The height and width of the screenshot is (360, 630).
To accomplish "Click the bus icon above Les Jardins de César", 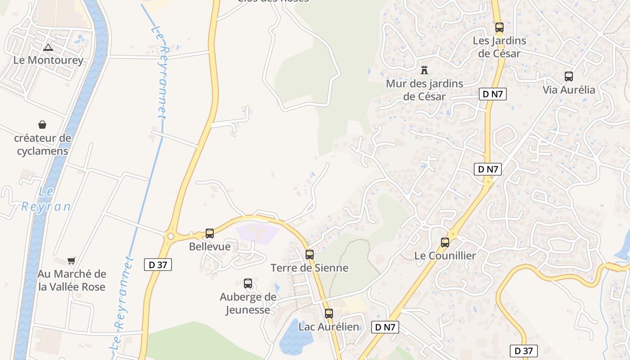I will [x=499, y=27].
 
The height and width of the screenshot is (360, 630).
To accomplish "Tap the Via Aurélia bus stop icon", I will [x=569, y=76].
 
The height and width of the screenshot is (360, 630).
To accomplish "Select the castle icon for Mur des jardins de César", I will [x=424, y=70].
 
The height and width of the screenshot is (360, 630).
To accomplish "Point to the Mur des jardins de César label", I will [x=424, y=90].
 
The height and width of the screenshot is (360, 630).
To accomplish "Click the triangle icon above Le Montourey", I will [x=48, y=47].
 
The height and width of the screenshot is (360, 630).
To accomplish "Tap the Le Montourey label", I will [x=48, y=60].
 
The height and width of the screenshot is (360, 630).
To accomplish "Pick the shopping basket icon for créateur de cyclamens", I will [x=42, y=125].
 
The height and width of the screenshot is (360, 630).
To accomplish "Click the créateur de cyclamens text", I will [x=42, y=144].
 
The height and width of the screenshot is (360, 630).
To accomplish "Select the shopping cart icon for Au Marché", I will [x=71, y=261].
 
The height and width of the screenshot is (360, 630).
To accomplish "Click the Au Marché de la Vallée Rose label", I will [x=72, y=280].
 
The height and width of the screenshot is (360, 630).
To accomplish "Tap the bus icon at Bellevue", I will [x=210, y=234].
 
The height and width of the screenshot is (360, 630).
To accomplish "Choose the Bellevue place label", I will [x=210, y=247].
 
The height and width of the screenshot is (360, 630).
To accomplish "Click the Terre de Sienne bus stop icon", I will [x=310, y=255].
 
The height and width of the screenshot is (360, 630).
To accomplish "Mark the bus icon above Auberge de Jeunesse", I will [x=248, y=283].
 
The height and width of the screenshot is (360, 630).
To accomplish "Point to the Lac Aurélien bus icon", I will [x=329, y=314].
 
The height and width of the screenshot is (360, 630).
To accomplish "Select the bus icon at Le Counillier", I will [x=445, y=243].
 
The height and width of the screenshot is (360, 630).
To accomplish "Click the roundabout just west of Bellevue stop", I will [x=171, y=236].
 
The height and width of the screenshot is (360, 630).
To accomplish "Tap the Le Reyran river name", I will [x=46, y=199].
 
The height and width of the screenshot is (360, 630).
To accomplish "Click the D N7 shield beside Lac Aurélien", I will [x=385, y=327].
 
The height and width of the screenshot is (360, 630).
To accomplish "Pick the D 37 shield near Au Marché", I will [x=158, y=265].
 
